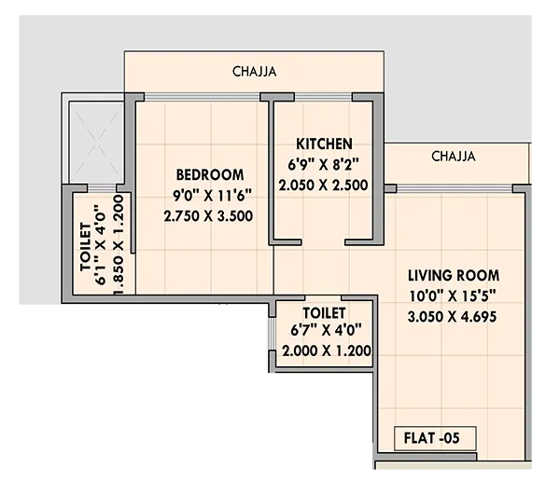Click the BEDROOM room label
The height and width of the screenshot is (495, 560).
click(x=210, y=174)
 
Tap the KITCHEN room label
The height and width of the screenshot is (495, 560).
click(x=324, y=144)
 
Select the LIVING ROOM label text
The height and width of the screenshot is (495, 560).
click(x=453, y=275)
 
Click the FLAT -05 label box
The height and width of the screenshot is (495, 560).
click(x=434, y=437)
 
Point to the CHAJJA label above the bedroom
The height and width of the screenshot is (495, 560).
click(x=255, y=70)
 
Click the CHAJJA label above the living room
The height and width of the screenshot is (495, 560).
click(x=453, y=157)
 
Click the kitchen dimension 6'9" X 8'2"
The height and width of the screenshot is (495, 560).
click(x=324, y=164)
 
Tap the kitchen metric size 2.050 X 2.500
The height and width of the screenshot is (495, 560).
click(x=324, y=185)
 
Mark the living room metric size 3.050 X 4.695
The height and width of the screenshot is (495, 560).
click(x=453, y=316)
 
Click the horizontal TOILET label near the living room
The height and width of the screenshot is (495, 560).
click(x=325, y=311)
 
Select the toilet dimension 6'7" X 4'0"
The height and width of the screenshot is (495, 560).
click(x=325, y=331)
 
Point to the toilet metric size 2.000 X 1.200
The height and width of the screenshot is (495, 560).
click(x=326, y=351)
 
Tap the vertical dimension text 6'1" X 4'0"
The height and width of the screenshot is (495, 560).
click(x=102, y=244)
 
